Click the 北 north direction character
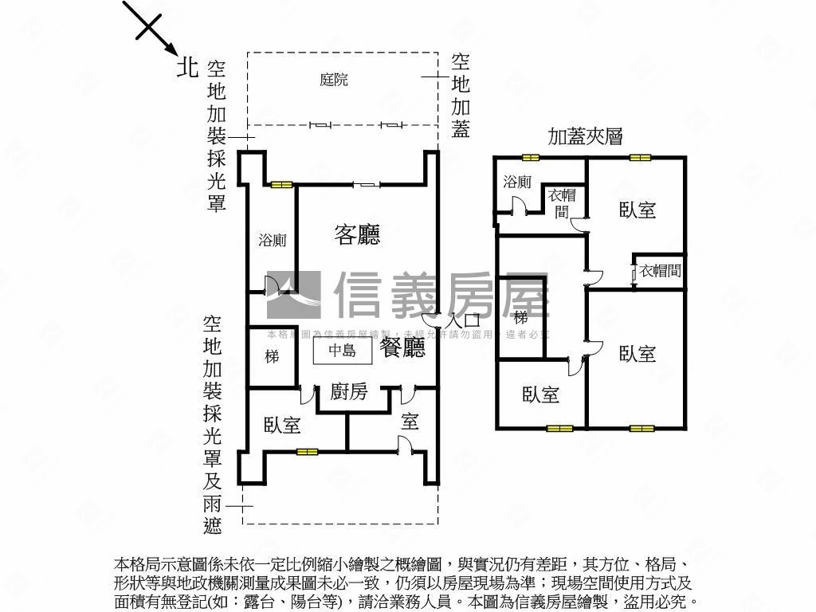click(187, 67)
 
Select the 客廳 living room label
click(356, 234)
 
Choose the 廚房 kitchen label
click(349, 392)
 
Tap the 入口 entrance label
click(464, 320)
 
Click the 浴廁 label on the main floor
click(273, 240)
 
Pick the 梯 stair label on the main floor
click(272, 356)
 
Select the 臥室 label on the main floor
click(282, 425)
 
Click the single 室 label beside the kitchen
click(410, 422)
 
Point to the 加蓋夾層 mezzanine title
click(584, 137)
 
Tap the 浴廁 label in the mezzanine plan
click(517, 182)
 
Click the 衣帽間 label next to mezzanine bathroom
click(562, 202)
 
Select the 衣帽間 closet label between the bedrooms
click(661, 271)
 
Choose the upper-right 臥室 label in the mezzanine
click(637, 210)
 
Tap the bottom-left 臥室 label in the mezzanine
click(540, 394)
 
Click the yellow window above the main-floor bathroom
click(281, 185)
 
